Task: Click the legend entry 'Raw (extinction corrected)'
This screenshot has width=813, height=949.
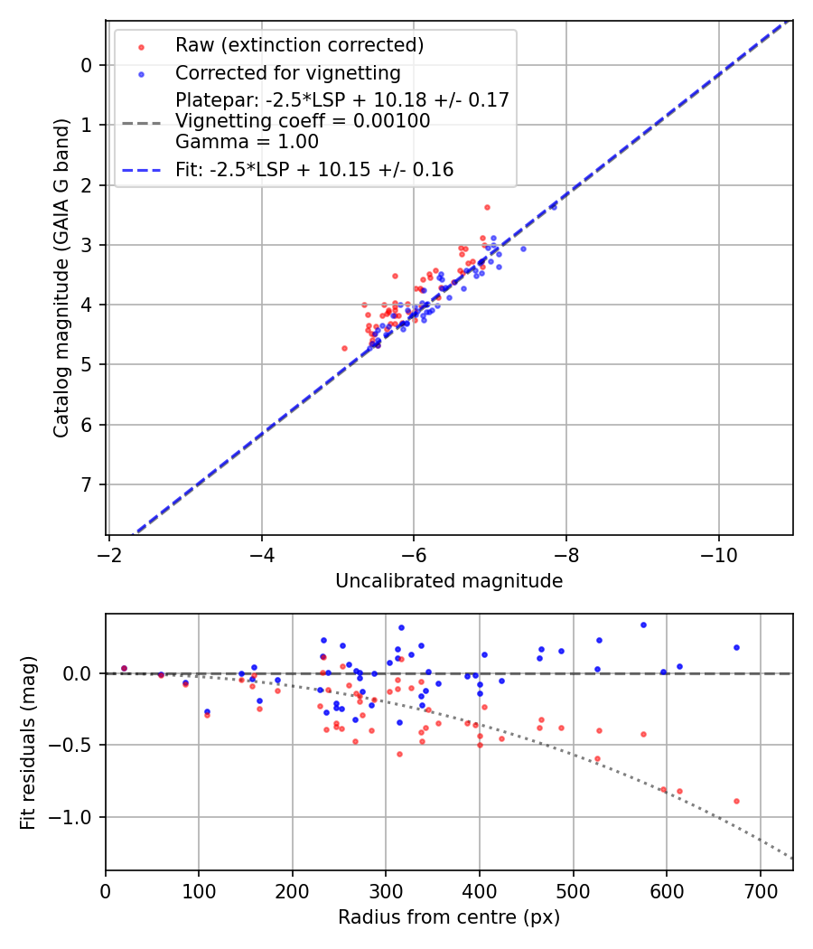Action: [x=299, y=45]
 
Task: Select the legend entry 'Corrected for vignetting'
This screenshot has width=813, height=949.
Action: [x=287, y=72]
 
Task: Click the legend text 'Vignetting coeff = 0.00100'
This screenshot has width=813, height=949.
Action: [x=303, y=120]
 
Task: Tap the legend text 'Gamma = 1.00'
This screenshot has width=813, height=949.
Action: [x=247, y=141]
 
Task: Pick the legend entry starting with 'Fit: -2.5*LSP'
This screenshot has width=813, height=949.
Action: [x=314, y=169]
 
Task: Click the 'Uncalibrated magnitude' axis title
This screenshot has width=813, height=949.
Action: [x=449, y=581]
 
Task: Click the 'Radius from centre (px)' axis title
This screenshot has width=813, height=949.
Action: [x=449, y=917]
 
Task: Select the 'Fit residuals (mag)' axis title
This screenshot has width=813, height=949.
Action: [x=29, y=742]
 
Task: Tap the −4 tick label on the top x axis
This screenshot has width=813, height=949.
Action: [x=261, y=550]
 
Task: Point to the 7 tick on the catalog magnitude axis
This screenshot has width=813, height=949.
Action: [x=86, y=484]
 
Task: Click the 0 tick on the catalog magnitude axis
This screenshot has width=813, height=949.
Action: [x=86, y=65]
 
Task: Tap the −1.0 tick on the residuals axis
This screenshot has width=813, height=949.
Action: [x=72, y=817]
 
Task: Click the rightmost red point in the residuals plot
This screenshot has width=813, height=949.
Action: [x=736, y=801]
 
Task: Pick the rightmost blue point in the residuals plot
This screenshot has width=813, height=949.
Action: [x=736, y=647]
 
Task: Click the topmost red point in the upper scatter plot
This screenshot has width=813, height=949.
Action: [x=487, y=207]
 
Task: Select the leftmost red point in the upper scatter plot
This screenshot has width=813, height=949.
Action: [x=344, y=348]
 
